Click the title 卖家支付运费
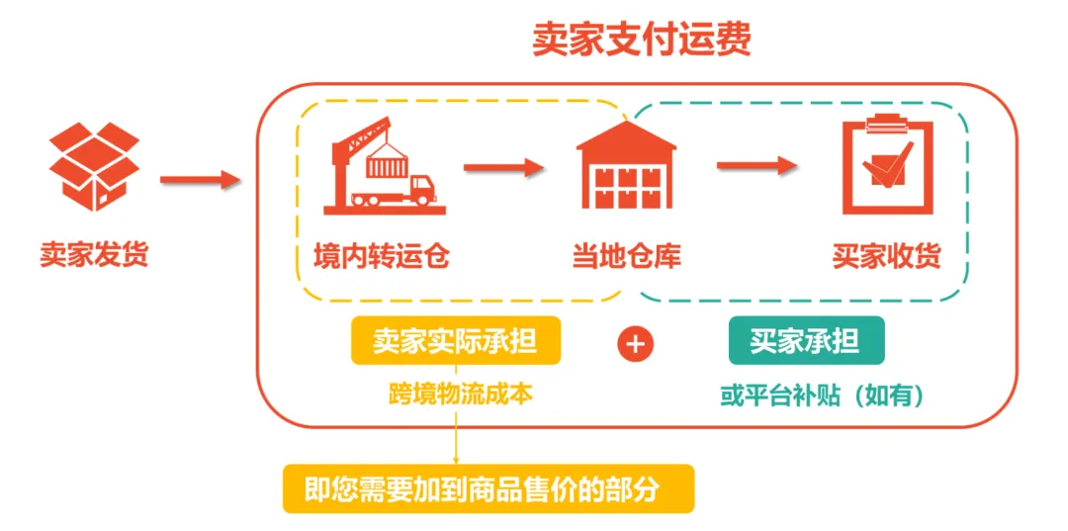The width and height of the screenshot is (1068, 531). (642, 39)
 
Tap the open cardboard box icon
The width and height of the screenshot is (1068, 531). (94, 167)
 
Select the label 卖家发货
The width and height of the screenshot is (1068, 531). (94, 255)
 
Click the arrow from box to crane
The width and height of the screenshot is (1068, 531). (201, 179)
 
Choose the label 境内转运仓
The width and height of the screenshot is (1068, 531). (382, 256)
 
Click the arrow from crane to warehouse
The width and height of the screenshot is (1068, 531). (504, 167)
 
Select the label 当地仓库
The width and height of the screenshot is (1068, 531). (626, 256)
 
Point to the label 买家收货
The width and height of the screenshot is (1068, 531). (886, 256)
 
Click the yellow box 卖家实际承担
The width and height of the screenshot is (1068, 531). (455, 341)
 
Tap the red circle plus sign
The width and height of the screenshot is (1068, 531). (636, 344)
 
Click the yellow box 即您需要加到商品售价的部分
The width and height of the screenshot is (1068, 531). (489, 488)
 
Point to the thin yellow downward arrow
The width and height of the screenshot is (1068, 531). (457, 435)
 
